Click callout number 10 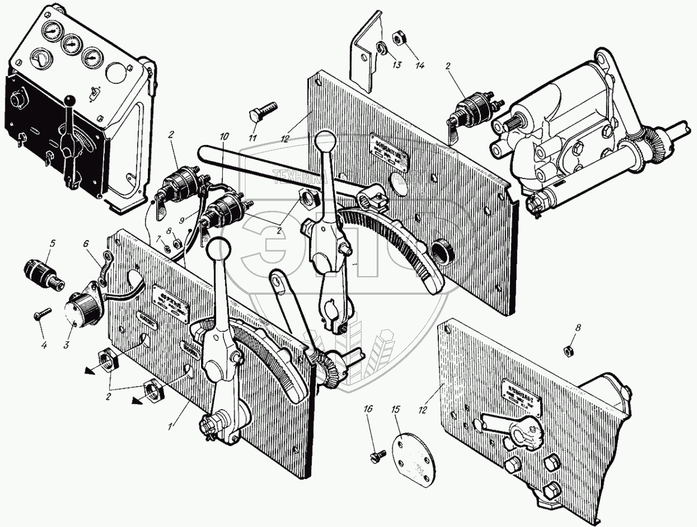coord(224,137)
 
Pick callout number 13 coord(397,66)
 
